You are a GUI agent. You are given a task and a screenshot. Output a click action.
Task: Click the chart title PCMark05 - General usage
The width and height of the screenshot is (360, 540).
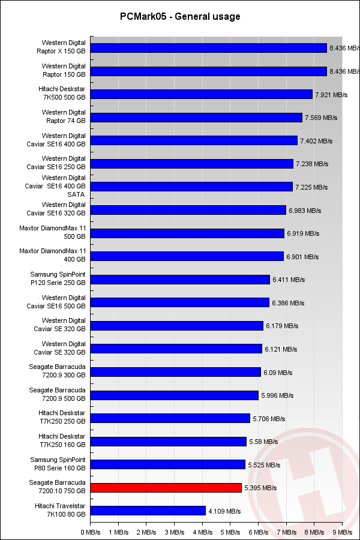[x=180, y=17]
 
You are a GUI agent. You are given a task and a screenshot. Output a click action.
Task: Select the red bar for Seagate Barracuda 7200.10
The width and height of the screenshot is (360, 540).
[x=166, y=488]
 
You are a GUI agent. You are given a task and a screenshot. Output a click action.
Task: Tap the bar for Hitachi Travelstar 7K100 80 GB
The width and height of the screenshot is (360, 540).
[x=148, y=511]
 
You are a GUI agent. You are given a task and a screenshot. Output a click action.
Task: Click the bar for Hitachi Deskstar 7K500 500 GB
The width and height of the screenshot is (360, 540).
[x=202, y=94]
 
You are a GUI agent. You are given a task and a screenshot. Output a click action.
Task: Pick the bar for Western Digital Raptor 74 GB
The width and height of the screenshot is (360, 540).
[x=197, y=118]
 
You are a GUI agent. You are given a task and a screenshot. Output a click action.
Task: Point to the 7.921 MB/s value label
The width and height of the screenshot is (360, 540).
[x=331, y=95]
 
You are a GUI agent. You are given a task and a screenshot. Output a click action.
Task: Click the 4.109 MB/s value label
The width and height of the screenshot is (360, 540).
[x=224, y=512]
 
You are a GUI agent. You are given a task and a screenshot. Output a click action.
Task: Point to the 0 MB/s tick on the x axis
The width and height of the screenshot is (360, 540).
[x=91, y=532]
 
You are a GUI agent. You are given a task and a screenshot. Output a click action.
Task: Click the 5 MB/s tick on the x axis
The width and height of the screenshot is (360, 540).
[x=230, y=532]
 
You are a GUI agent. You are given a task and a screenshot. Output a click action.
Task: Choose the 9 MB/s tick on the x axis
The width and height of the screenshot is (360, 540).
[x=342, y=532]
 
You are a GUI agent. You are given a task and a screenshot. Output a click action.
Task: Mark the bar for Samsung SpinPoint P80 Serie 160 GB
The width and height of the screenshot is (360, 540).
[x=168, y=464]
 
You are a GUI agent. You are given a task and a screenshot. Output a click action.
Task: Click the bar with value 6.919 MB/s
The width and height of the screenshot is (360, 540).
[x=187, y=233]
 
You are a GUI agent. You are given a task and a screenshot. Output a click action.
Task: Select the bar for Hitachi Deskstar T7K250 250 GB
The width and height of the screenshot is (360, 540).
[x=170, y=418]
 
